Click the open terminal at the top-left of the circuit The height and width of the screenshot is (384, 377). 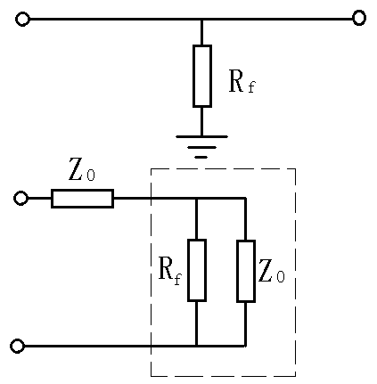22,19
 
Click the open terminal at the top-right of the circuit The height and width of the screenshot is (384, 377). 359,18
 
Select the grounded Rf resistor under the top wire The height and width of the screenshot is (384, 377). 202,76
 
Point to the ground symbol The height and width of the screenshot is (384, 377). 201,145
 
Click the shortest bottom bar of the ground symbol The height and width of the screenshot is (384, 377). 201,157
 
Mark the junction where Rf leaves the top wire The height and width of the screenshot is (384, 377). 202,19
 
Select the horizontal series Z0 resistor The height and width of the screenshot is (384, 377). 82,198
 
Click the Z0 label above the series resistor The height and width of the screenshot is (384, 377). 82,169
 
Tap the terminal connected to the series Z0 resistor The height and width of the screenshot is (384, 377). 21,198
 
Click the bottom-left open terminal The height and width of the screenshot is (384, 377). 17,346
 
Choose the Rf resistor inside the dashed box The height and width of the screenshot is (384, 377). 196,270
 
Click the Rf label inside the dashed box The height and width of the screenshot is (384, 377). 169,270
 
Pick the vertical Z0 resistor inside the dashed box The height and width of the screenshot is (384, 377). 245,270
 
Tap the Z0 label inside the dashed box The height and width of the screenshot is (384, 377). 272,272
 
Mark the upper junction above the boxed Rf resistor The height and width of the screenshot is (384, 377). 196,198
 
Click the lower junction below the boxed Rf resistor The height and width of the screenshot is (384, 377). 196,346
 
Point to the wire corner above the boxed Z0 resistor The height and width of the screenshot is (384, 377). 245,198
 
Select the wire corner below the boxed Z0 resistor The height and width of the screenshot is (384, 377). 245,346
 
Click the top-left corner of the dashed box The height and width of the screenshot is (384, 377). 152,168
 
